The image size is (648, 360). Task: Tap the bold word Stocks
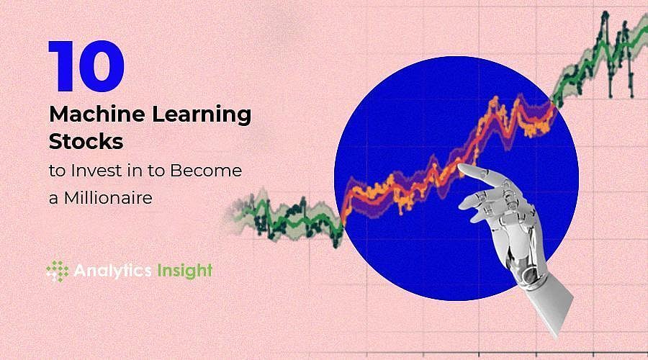(86, 142)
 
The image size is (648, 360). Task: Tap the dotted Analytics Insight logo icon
(57, 271)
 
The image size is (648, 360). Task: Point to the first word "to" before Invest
(55, 171)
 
